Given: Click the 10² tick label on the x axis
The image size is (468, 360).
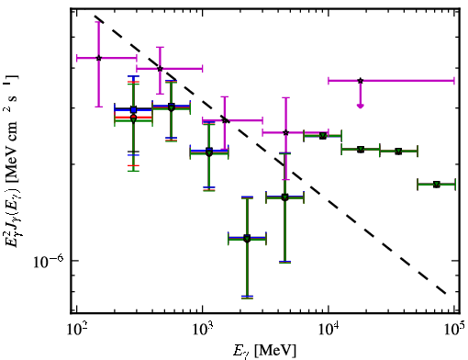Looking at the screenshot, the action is [77, 329].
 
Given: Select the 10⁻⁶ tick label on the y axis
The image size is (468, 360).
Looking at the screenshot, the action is [48, 261].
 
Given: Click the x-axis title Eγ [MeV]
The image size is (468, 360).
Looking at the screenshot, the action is [264, 351].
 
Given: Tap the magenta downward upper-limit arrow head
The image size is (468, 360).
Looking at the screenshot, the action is [361, 106].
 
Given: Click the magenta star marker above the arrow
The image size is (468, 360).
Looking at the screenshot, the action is [361, 81].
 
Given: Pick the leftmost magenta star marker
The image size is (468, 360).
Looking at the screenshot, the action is [98, 58].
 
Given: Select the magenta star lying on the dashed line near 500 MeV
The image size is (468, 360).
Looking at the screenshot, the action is [160, 69].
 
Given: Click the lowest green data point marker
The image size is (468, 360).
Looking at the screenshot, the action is [247, 239].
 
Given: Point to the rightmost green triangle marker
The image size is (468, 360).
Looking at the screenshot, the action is [437, 185].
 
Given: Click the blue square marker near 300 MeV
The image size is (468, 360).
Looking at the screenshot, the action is [133, 109].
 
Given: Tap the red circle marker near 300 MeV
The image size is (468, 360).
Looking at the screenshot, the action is [133, 117].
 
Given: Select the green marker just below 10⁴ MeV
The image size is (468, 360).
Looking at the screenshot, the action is [323, 136].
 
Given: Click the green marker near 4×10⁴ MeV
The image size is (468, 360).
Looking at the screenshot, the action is [398, 152].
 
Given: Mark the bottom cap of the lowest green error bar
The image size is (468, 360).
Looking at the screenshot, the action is [247, 298].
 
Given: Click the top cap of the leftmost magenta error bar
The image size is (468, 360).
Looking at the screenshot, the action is [98, 22].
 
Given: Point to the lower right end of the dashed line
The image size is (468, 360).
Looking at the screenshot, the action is [446, 293].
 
